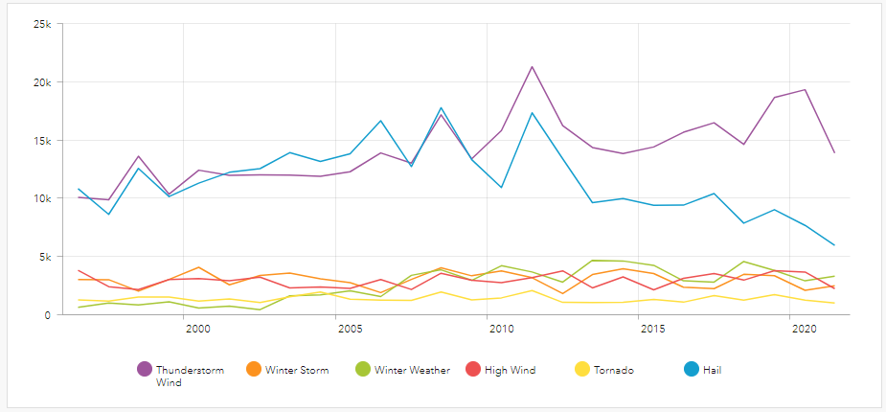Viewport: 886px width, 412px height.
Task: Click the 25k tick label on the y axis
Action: (42, 24)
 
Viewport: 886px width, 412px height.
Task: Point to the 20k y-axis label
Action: (42, 82)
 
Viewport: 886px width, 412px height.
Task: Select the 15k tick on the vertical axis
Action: (42, 141)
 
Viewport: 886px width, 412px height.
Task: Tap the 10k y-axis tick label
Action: (42, 198)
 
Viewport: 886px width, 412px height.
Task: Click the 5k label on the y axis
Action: (45, 257)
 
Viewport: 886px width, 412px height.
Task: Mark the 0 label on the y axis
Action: (48, 315)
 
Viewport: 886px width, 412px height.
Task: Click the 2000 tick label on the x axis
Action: (198, 329)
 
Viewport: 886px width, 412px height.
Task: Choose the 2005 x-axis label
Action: (350, 329)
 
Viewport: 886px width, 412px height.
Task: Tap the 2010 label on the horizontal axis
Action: (501, 329)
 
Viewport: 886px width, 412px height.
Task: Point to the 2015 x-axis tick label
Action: (653, 329)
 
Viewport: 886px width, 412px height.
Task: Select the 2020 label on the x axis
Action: (805, 329)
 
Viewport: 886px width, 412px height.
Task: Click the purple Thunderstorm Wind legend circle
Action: (145, 369)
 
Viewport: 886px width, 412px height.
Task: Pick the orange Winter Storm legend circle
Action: (254, 369)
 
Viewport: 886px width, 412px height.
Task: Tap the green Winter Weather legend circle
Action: (363, 369)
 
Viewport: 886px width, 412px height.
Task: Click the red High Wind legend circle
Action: (472, 369)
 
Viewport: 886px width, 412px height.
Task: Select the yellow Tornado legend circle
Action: (581, 369)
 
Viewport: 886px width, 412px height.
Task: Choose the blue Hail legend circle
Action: (691, 369)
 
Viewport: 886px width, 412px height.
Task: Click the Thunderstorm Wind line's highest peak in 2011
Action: (532, 67)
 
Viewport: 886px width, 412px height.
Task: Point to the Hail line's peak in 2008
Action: (441, 108)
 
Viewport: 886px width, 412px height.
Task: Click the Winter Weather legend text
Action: (412, 370)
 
